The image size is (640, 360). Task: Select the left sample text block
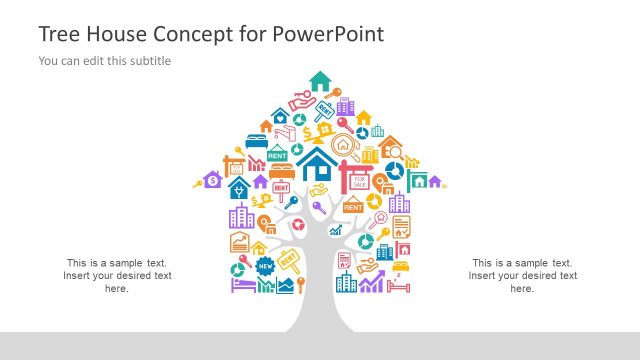[117, 275]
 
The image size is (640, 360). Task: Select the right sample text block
[522, 275]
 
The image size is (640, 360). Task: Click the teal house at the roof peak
[320, 80]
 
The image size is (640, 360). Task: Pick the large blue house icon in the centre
[318, 164]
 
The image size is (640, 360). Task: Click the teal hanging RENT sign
[277, 153]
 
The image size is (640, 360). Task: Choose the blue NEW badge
[265, 266]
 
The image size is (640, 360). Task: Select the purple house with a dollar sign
[212, 180]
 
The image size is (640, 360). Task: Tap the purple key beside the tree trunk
[318, 208]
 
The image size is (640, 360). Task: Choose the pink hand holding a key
[303, 102]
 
